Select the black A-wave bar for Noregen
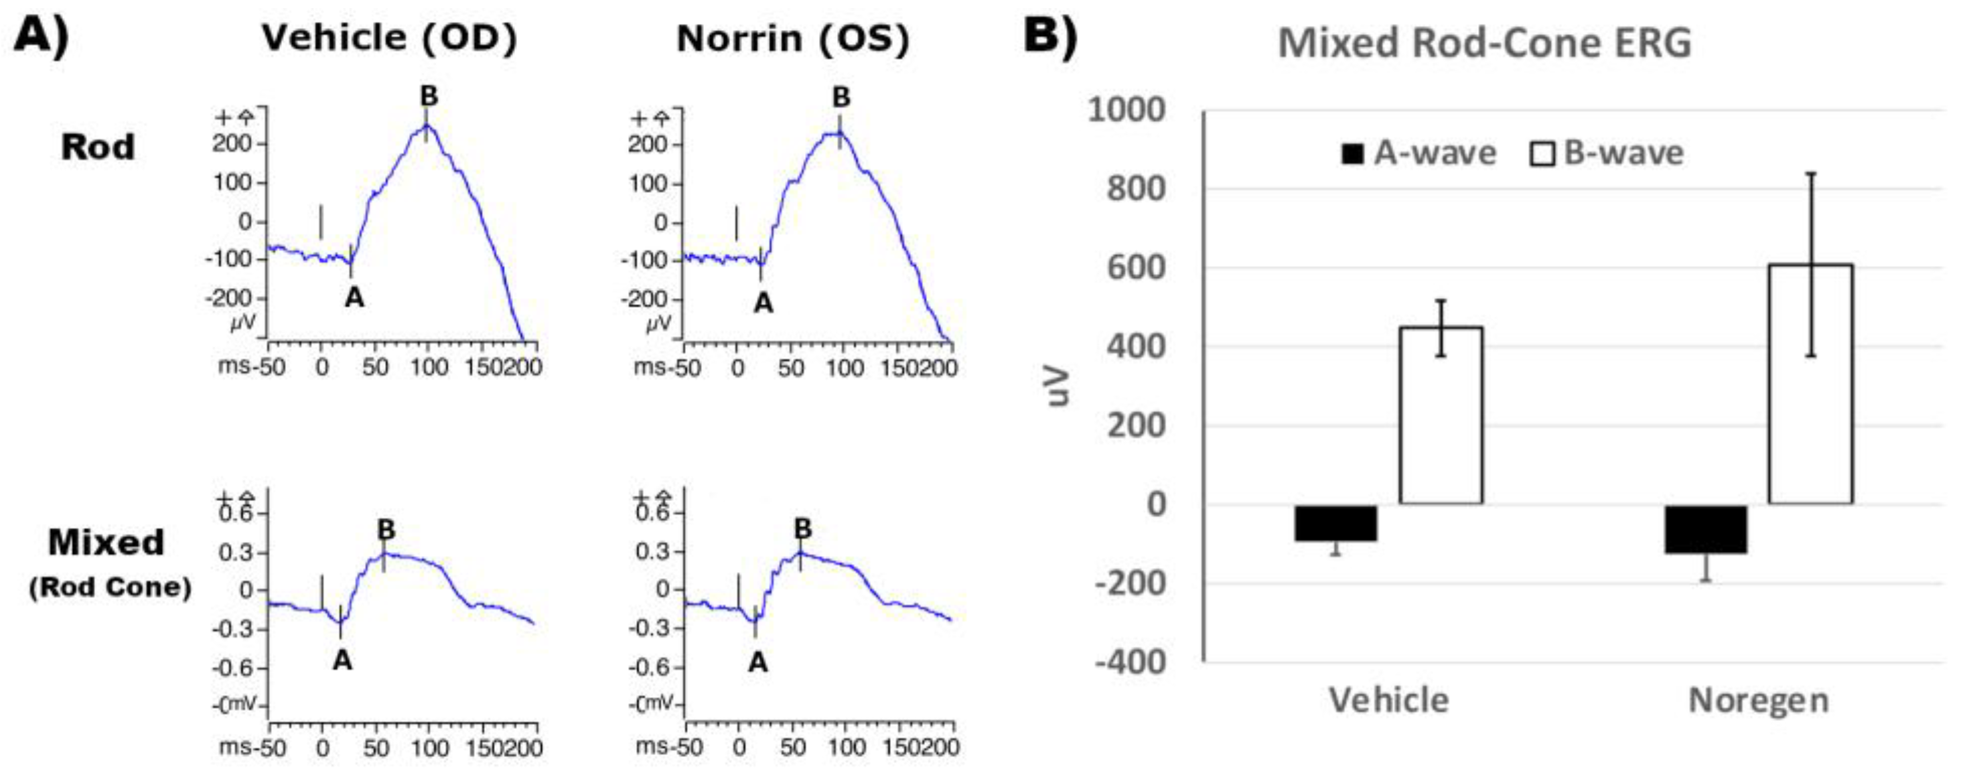tap(1705, 528)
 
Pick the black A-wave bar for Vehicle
tap(1335, 522)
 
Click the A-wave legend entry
tap(1419, 154)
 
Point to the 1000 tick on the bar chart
tap(1126, 111)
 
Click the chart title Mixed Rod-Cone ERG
tap(1483, 43)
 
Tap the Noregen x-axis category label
tap(1758, 699)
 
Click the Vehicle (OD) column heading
tap(389, 38)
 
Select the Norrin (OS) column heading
tap(792, 39)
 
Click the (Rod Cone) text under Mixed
tap(110, 587)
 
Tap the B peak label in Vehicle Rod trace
tap(429, 96)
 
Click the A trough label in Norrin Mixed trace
tap(757, 662)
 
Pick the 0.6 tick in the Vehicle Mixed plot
tap(236, 513)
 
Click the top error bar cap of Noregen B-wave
tap(1810, 173)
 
